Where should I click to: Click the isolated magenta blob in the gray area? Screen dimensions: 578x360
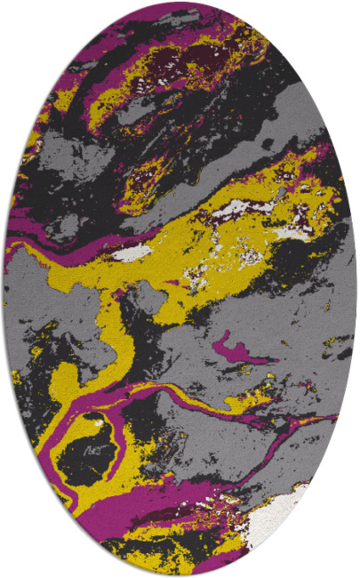click(233, 349)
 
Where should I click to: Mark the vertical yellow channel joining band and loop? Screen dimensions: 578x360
click(114, 333)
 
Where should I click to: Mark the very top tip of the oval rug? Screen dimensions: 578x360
click(180, 4)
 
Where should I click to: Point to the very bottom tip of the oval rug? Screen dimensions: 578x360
click(180, 574)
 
